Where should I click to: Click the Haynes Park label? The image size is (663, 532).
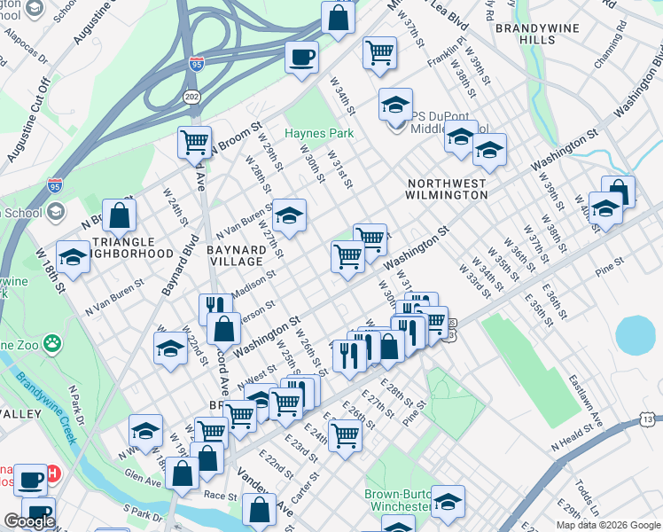[319, 133]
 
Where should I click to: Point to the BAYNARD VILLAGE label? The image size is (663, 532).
[236, 255]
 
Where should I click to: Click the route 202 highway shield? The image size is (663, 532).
[191, 95]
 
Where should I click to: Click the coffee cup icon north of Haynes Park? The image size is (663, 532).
[301, 58]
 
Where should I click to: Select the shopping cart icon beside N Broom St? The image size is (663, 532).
[194, 141]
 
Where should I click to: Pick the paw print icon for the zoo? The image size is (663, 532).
[53, 341]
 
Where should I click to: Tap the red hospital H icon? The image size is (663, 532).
[52, 474]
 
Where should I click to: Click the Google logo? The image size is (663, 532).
[29, 520]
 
